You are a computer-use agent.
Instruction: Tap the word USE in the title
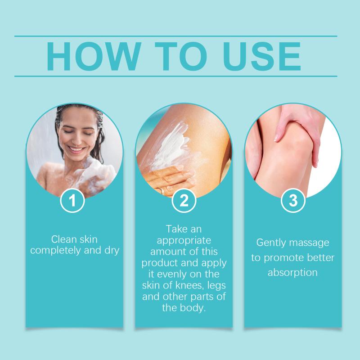262,56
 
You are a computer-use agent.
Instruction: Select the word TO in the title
181,56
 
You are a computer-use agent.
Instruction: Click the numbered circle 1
72,200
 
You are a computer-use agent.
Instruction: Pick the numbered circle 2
184,200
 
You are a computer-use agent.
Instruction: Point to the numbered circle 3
293,200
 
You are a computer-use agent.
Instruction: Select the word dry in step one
112,251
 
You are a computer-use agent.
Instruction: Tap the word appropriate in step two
184,241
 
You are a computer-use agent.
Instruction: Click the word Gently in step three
270,243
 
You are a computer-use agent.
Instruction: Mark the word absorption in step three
293,273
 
